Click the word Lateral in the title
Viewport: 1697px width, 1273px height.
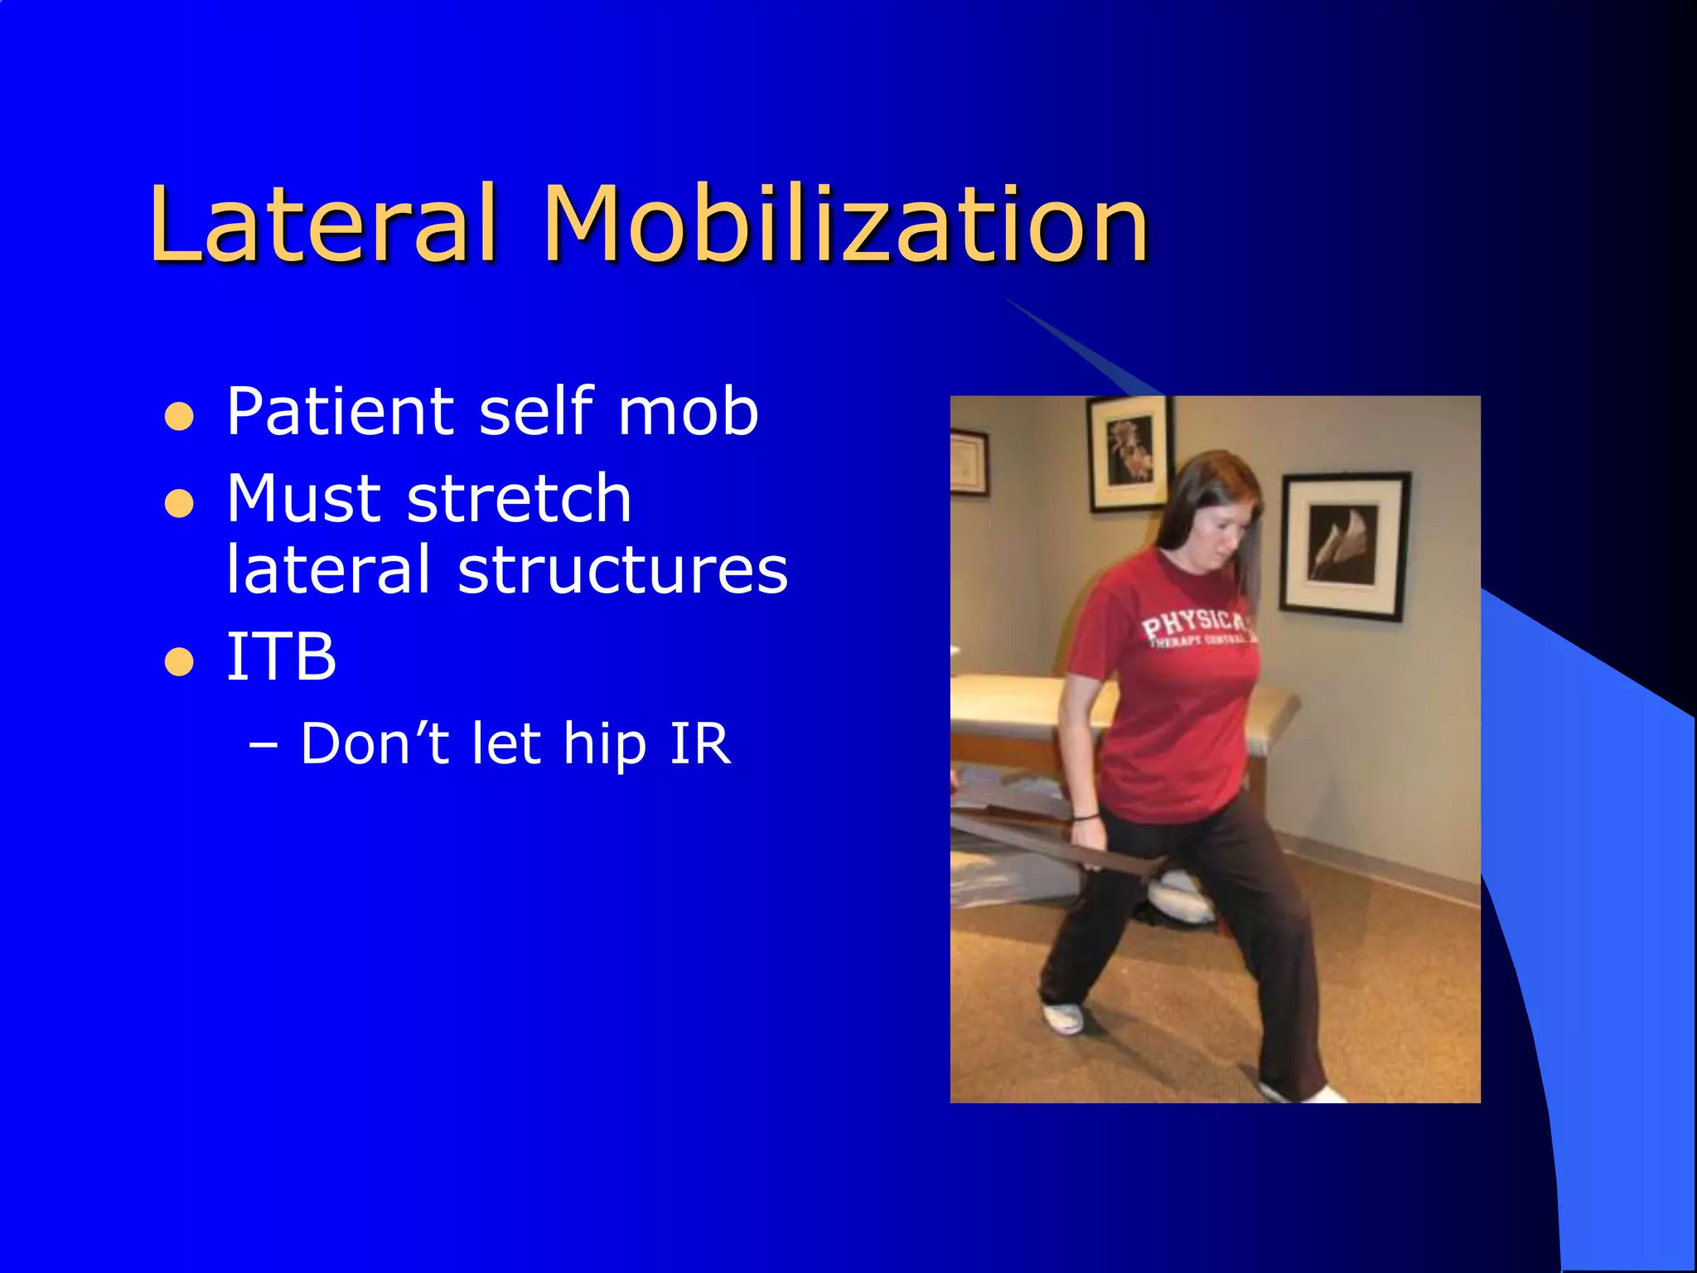(x=323, y=224)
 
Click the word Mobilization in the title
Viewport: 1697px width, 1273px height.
(x=845, y=224)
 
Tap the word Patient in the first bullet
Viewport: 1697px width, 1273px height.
(x=340, y=412)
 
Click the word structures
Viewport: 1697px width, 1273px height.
(x=621, y=570)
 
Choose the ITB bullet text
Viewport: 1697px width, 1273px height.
(x=282, y=657)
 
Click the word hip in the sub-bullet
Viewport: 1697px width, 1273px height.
(x=605, y=744)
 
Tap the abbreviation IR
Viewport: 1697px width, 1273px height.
(x=700, y=744)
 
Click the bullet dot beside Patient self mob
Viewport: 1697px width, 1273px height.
(x=179, y=417)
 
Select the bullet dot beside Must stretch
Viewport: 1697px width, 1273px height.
(x=179, y=503)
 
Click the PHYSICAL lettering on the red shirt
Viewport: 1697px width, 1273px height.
(x=1193, y=626)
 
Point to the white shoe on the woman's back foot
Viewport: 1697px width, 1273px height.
(x=1063, y=1016)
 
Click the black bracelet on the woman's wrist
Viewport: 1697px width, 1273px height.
(x=1085, y=817)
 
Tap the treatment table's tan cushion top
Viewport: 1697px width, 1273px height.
(x=1019, y=692)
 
